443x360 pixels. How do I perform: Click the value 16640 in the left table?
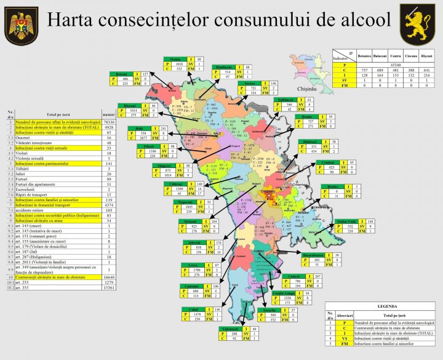point(109,278)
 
